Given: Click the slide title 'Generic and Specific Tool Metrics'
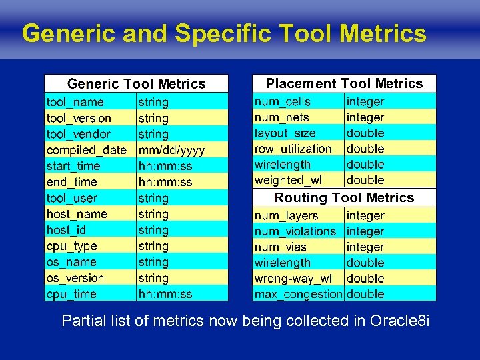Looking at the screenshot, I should point(224,33).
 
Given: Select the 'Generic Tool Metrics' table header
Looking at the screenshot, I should point(136,83).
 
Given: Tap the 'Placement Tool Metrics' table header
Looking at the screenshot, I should point(344,83).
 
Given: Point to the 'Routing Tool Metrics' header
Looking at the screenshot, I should point(344,197).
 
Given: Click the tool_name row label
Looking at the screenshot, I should point(75,102).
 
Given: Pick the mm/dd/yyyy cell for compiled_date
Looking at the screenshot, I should point(171,150).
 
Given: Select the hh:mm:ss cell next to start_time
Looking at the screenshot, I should point(165,166).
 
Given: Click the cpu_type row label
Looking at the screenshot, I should point(71,246).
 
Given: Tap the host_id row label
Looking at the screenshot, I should point(66,230).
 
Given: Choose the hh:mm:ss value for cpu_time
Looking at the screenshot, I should point(165,294).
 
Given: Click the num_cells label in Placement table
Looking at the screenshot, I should point(282,101).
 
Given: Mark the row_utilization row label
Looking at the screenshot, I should point(293,149).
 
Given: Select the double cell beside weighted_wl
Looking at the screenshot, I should point(365,180).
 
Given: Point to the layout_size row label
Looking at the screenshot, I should point(285,133).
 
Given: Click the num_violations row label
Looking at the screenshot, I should point(295,231).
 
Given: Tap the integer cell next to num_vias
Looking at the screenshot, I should point(365,247).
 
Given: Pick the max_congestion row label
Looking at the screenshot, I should point(298,294).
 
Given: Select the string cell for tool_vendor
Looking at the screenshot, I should point(153,134).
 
